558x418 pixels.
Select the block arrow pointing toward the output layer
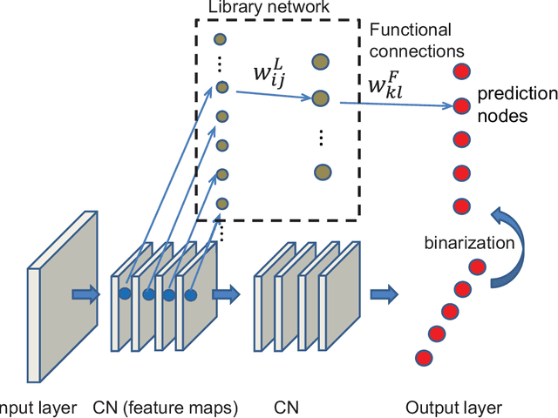[383, 294]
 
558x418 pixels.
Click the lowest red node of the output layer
[424, 356]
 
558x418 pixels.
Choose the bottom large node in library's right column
[323, 172]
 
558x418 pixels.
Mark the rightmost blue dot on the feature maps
[190, 295]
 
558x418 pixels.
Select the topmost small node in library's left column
[221, 39]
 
